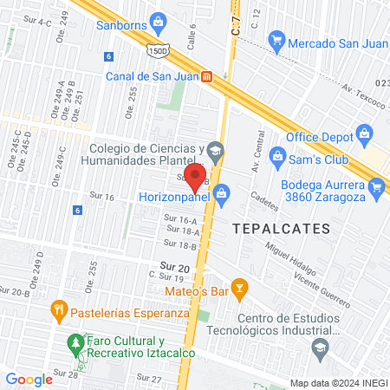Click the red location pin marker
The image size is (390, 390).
point(195,177)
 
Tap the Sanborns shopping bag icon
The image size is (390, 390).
point(157,22)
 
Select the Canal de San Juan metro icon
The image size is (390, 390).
point(207,75)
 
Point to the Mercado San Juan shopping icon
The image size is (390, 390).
point(276,39)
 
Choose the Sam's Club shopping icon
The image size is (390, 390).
point(277,157)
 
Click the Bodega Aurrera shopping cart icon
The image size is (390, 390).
point(375,186)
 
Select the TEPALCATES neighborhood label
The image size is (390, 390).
point(281,229)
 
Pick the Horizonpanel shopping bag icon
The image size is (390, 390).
point(222,193)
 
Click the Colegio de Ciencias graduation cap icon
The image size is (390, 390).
point(215,153)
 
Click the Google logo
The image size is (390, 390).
point(29,379)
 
